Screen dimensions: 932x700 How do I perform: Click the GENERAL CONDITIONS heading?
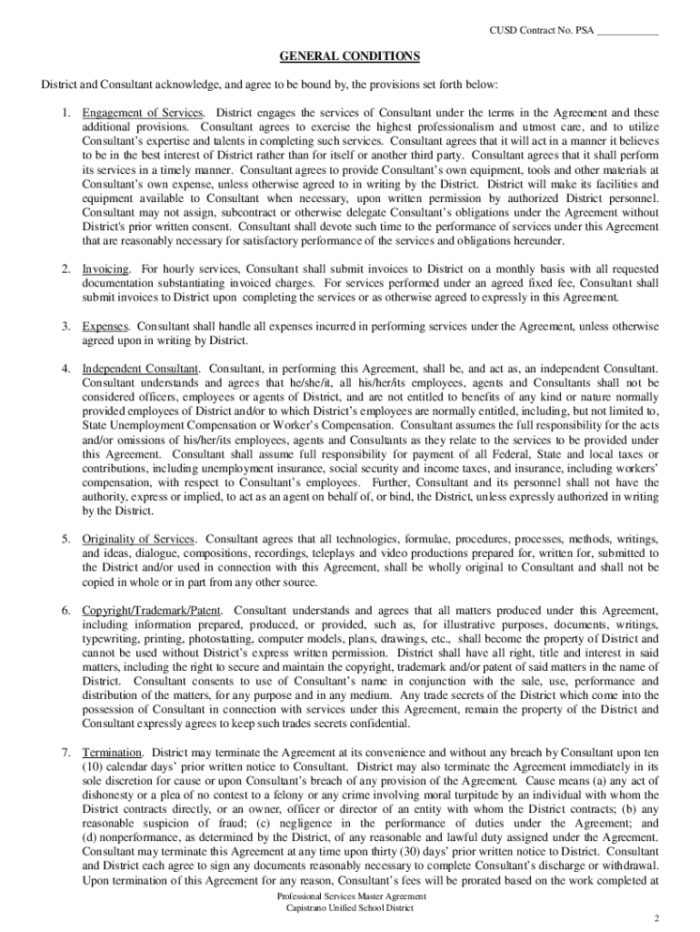click(349, 56)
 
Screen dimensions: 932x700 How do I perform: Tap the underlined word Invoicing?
click(106, 269)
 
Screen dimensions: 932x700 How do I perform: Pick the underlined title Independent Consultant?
click(141, 369)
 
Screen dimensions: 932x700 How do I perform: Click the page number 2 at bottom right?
click(656, 917)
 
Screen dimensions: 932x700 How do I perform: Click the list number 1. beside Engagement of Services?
click(66, 113)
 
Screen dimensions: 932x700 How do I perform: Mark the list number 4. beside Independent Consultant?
click(66, 369)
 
